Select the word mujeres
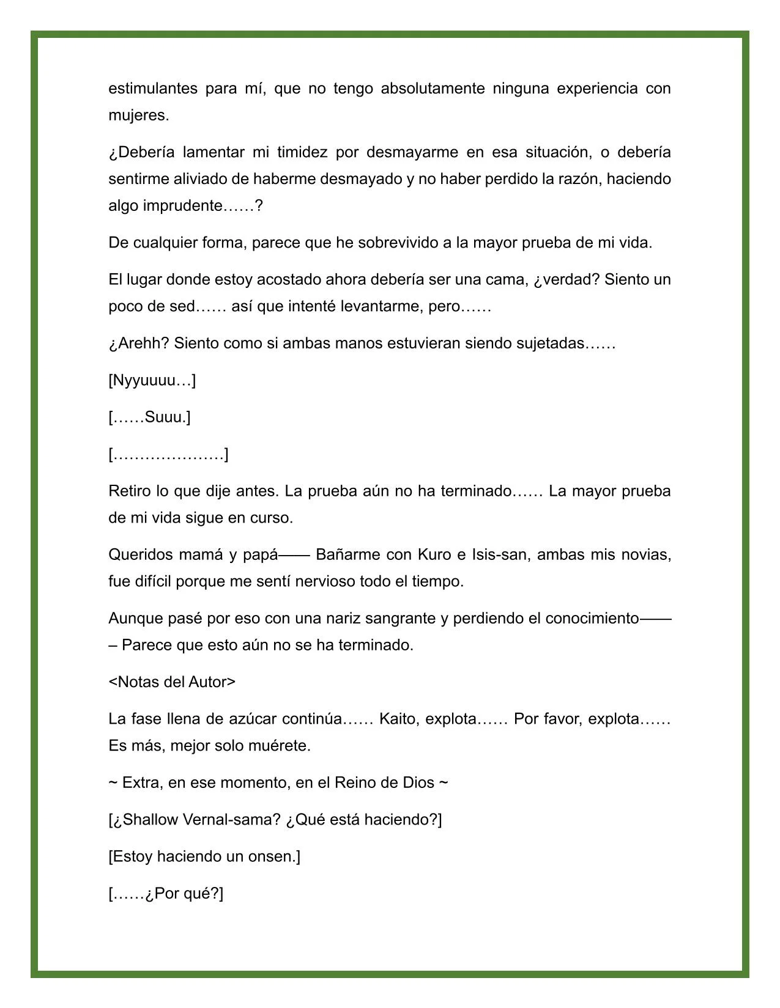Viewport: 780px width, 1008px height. [x=138, y=116]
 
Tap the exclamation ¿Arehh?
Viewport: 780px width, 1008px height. [x=138, y=344]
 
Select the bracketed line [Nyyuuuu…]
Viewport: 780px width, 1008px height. [x=152, y=381]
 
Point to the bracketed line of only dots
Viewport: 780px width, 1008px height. [x=168, y=455]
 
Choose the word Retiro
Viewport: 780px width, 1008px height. [x=129, y=491]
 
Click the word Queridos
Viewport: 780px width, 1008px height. [x=139, y=555]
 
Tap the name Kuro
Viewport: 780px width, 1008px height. [x=434, y=555]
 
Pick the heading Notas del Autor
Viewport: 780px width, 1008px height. [x=172, y=682]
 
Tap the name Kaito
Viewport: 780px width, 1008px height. [x=397, y=719]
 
